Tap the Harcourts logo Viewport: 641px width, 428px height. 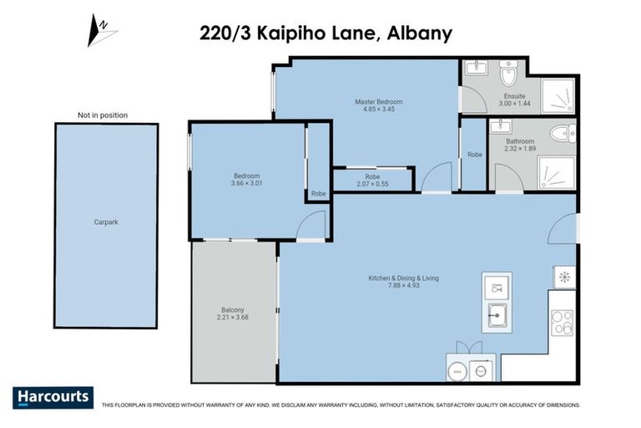(x=53, y=397)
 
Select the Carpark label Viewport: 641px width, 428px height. (x=106, y=223)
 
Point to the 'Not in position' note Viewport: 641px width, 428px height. (x=103, y=115)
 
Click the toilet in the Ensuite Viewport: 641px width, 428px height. (x=508, y=75)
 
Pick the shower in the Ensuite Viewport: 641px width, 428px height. (x=558, y=96)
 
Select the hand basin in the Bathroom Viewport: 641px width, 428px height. (x=501, y=127)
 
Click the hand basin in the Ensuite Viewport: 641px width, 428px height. (x=476, y=69)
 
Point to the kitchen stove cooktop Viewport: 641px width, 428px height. (x=562, y=322)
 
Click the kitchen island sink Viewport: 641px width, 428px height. (x=497, y=315)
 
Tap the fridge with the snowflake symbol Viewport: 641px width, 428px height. (x=563, y=277)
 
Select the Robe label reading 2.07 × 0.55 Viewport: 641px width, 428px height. (x=372, y=180)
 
